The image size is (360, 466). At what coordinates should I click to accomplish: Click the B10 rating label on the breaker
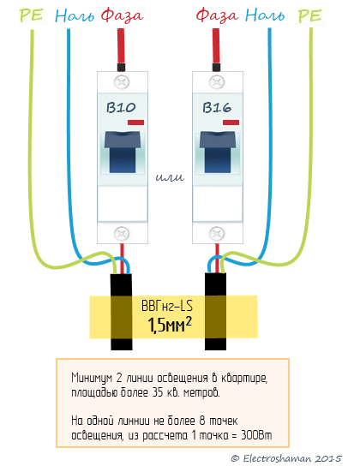pos(121,108)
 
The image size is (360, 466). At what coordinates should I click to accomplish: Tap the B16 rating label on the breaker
pos(217,108)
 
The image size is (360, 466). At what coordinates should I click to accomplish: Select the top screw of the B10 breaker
pos(122,82)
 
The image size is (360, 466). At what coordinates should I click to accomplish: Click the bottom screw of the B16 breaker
pos(218,234)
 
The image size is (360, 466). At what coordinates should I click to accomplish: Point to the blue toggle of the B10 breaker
pos(123,152)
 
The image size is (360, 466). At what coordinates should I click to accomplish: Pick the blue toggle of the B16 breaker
pos(218,152)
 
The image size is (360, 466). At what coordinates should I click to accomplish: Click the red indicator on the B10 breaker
pos(135,122)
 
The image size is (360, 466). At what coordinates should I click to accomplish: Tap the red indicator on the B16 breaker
pos(231,122)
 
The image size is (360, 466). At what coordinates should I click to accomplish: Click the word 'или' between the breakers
pos(170,177)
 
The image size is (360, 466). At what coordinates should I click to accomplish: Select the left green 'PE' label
pos(32,15)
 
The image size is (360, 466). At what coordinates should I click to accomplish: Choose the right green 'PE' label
pos(309,15)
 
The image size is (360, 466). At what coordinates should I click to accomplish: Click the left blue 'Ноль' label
pos(75,15)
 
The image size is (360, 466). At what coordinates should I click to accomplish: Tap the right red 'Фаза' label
pos(218,15)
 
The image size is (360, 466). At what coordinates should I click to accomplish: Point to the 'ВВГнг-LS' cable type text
pos(167,306)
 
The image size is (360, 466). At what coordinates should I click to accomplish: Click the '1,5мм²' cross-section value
pos(170,325)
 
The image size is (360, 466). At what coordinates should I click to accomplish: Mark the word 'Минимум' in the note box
pos(91,378)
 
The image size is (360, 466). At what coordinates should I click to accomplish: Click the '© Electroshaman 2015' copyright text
pos(286,458)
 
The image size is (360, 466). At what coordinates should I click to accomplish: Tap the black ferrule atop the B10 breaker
pos(121,67)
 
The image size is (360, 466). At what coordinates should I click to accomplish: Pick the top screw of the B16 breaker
pos(218,82)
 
